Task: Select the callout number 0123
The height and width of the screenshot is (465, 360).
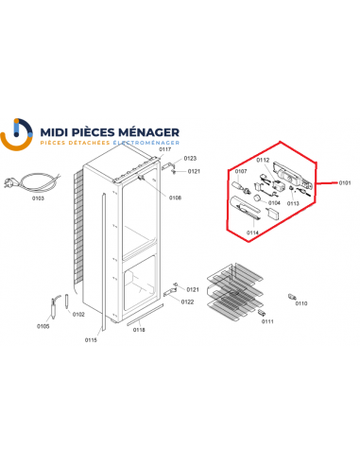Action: pos(190,159)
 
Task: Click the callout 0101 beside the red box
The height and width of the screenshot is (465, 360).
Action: pos(346,183)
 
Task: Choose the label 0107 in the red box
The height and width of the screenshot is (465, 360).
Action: pos(240,172)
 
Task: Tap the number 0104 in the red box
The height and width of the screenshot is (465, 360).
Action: pos(274,202)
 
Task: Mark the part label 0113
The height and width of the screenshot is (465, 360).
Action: pos(293,202)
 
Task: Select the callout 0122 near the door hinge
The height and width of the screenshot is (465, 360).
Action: pos(188,301)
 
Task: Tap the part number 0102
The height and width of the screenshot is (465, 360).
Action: pos(78,314)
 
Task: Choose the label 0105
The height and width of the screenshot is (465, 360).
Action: pos(43,326)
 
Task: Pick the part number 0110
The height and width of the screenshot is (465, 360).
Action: pos(300,303)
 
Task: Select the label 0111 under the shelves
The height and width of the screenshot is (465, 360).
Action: pos(267,321)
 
